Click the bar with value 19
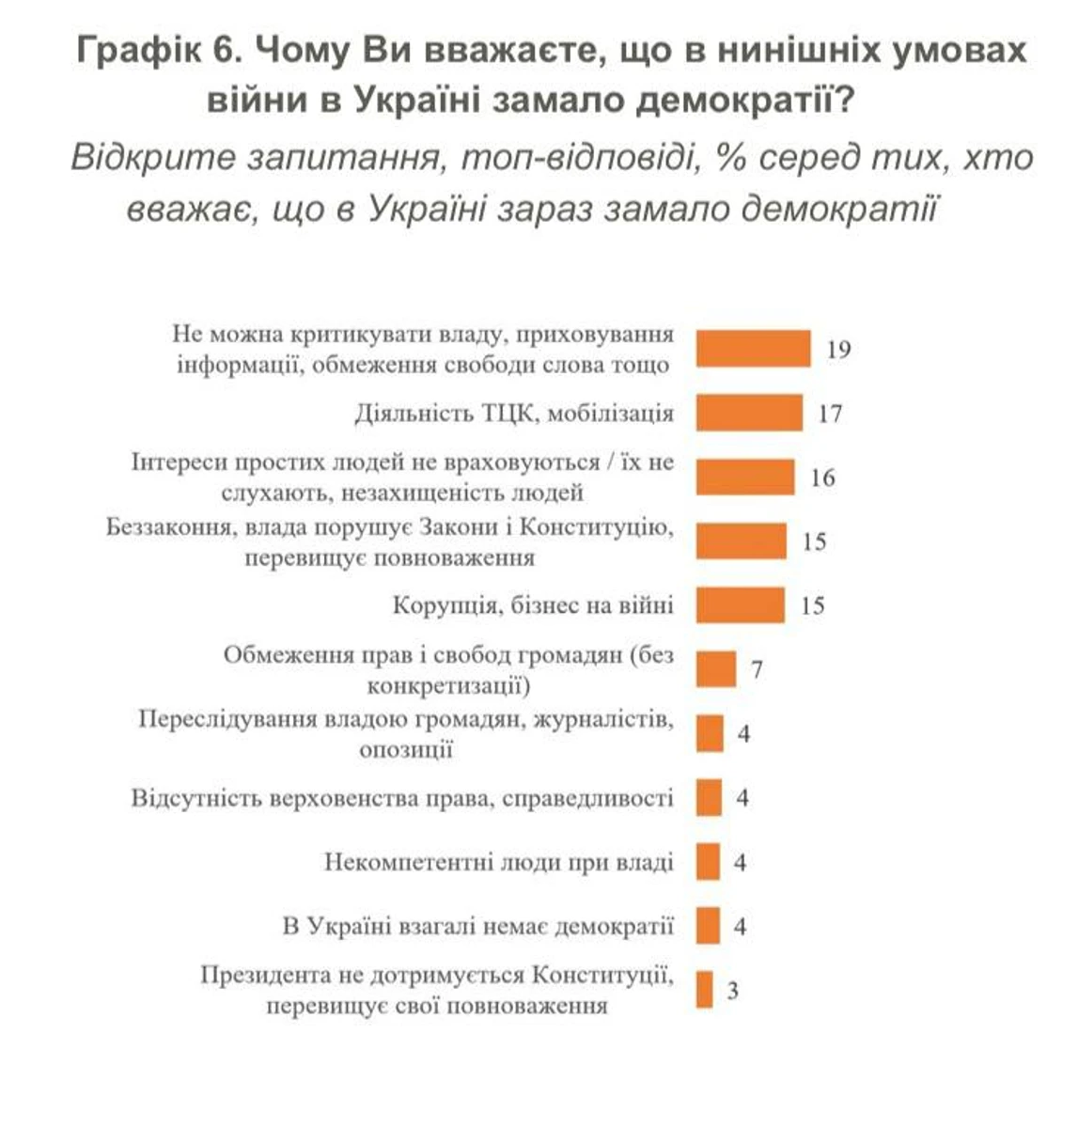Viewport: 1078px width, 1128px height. pyautogui.click(x=753, y=349)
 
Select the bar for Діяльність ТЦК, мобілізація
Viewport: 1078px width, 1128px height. pyautogui.click(x=749, y=413)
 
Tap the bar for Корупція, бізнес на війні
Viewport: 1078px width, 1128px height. pyautogui.click(x=740, y=605)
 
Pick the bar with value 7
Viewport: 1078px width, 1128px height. pyautogui.click(x=715, y=669)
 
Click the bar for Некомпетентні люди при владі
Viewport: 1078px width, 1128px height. pyautogui.click(x=708, y=862)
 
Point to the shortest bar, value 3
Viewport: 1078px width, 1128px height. pyautogui.click(x=704, y=990)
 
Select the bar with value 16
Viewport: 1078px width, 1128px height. pyautogui.click(x=745, y=477)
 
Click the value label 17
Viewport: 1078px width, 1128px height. pyautogui.click(x=830, y=414)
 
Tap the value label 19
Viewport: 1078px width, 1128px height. pyautogui.click(x=838, y=350)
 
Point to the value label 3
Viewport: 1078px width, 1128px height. pyautogui.click(x=733, y=991)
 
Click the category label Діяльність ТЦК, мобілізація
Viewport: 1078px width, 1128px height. pyautogui.click(x=515, y=413)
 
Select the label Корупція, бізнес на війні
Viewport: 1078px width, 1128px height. pyautogui.click(x=533, y=605)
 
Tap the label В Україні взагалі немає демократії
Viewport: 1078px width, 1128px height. pyautogui.click(x=478, y=926)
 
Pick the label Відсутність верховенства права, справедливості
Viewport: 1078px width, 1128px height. pyautogui.click(x=402, y=798)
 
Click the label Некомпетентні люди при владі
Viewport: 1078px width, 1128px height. pyautogui.click(x=499, y=862)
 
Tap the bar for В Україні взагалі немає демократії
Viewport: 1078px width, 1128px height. pyautogui.click(x=708, y=926)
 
